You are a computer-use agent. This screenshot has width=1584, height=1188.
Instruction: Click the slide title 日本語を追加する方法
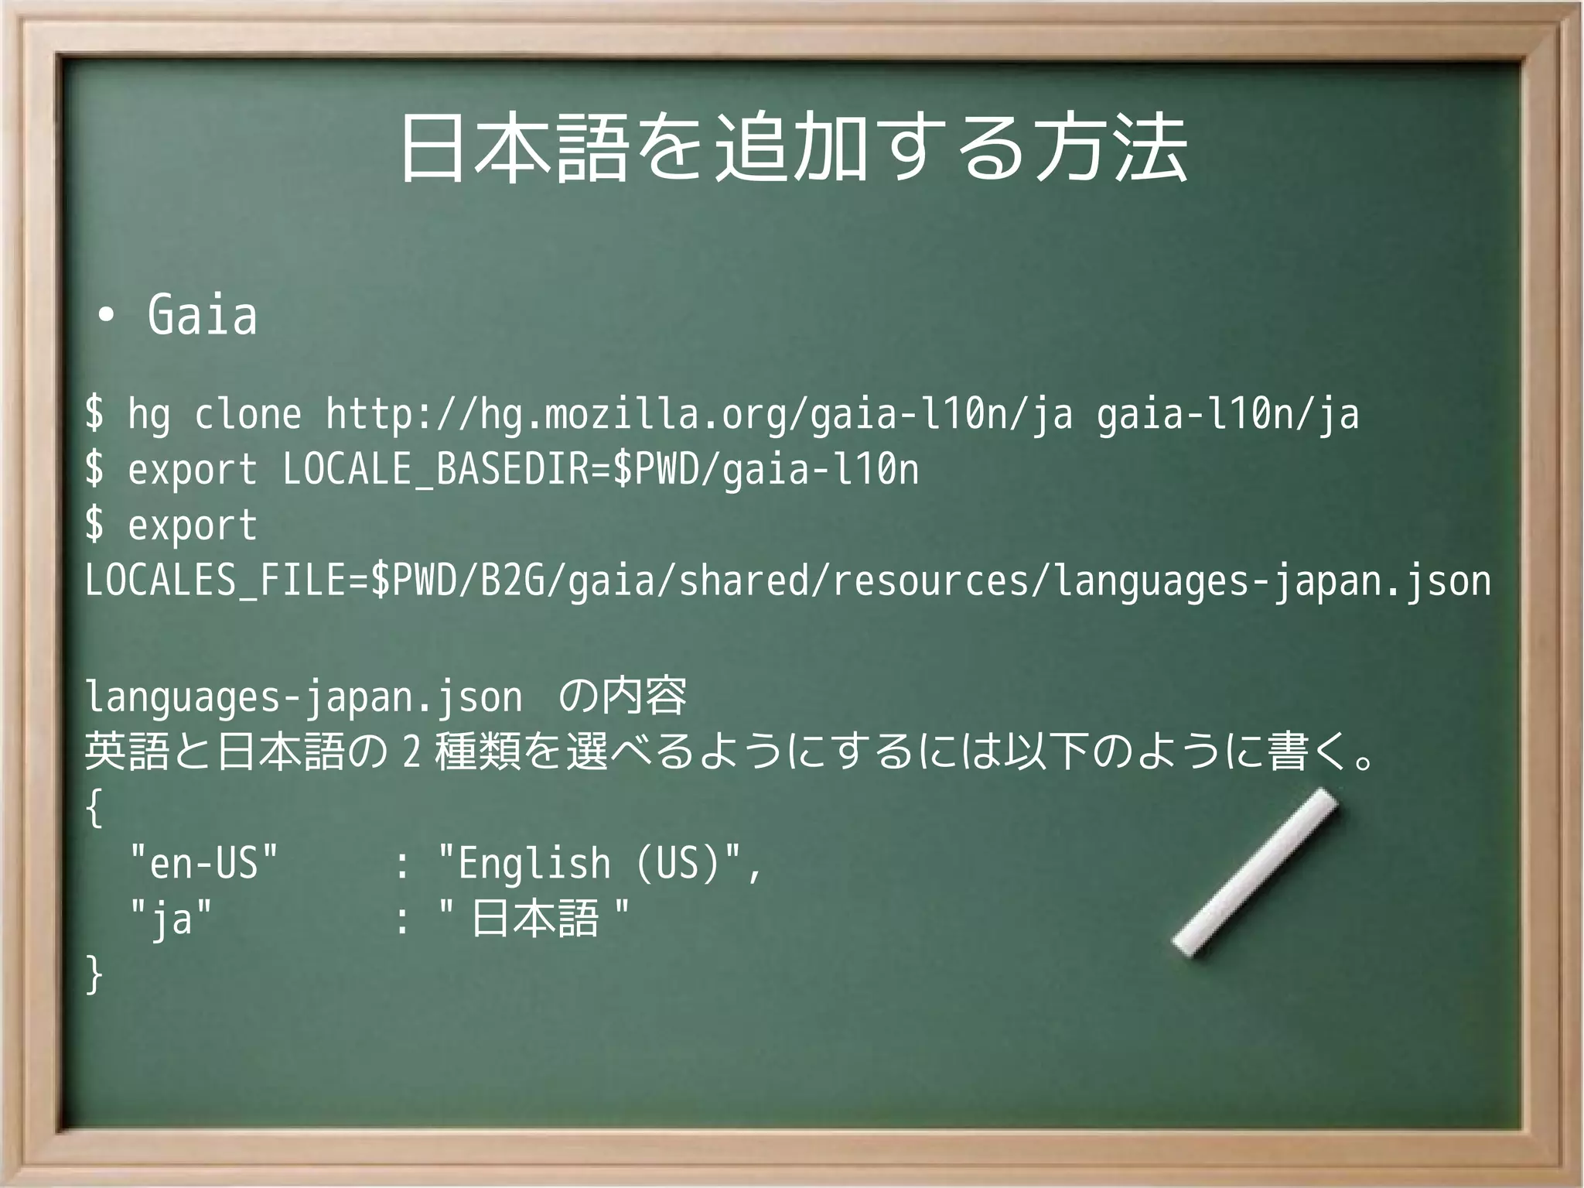793,149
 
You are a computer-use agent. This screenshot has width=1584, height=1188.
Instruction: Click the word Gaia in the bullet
202,315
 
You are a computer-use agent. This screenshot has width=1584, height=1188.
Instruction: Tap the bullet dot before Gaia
106,315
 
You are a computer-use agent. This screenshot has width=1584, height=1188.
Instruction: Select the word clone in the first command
247,414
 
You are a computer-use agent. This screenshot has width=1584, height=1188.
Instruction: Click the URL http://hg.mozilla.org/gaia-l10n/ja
699,415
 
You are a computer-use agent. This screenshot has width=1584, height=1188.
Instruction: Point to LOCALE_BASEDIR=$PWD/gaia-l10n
600,470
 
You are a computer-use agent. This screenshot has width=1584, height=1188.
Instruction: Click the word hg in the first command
148,415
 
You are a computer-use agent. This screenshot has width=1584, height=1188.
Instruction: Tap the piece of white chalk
1255,872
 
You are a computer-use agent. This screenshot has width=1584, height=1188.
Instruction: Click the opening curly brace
94,810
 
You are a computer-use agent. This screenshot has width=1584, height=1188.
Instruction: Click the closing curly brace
94,974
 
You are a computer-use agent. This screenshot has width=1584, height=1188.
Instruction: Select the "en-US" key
203,863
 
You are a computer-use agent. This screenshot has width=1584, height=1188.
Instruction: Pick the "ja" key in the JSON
170,919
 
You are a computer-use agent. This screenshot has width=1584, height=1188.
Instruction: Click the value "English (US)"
600,863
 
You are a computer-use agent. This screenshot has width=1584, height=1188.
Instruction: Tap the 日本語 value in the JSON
534,919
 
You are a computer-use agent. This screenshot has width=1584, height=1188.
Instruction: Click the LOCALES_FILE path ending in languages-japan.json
787,580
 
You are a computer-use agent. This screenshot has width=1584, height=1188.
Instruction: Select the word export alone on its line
192,525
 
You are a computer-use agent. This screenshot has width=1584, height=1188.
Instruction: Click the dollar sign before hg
94,414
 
